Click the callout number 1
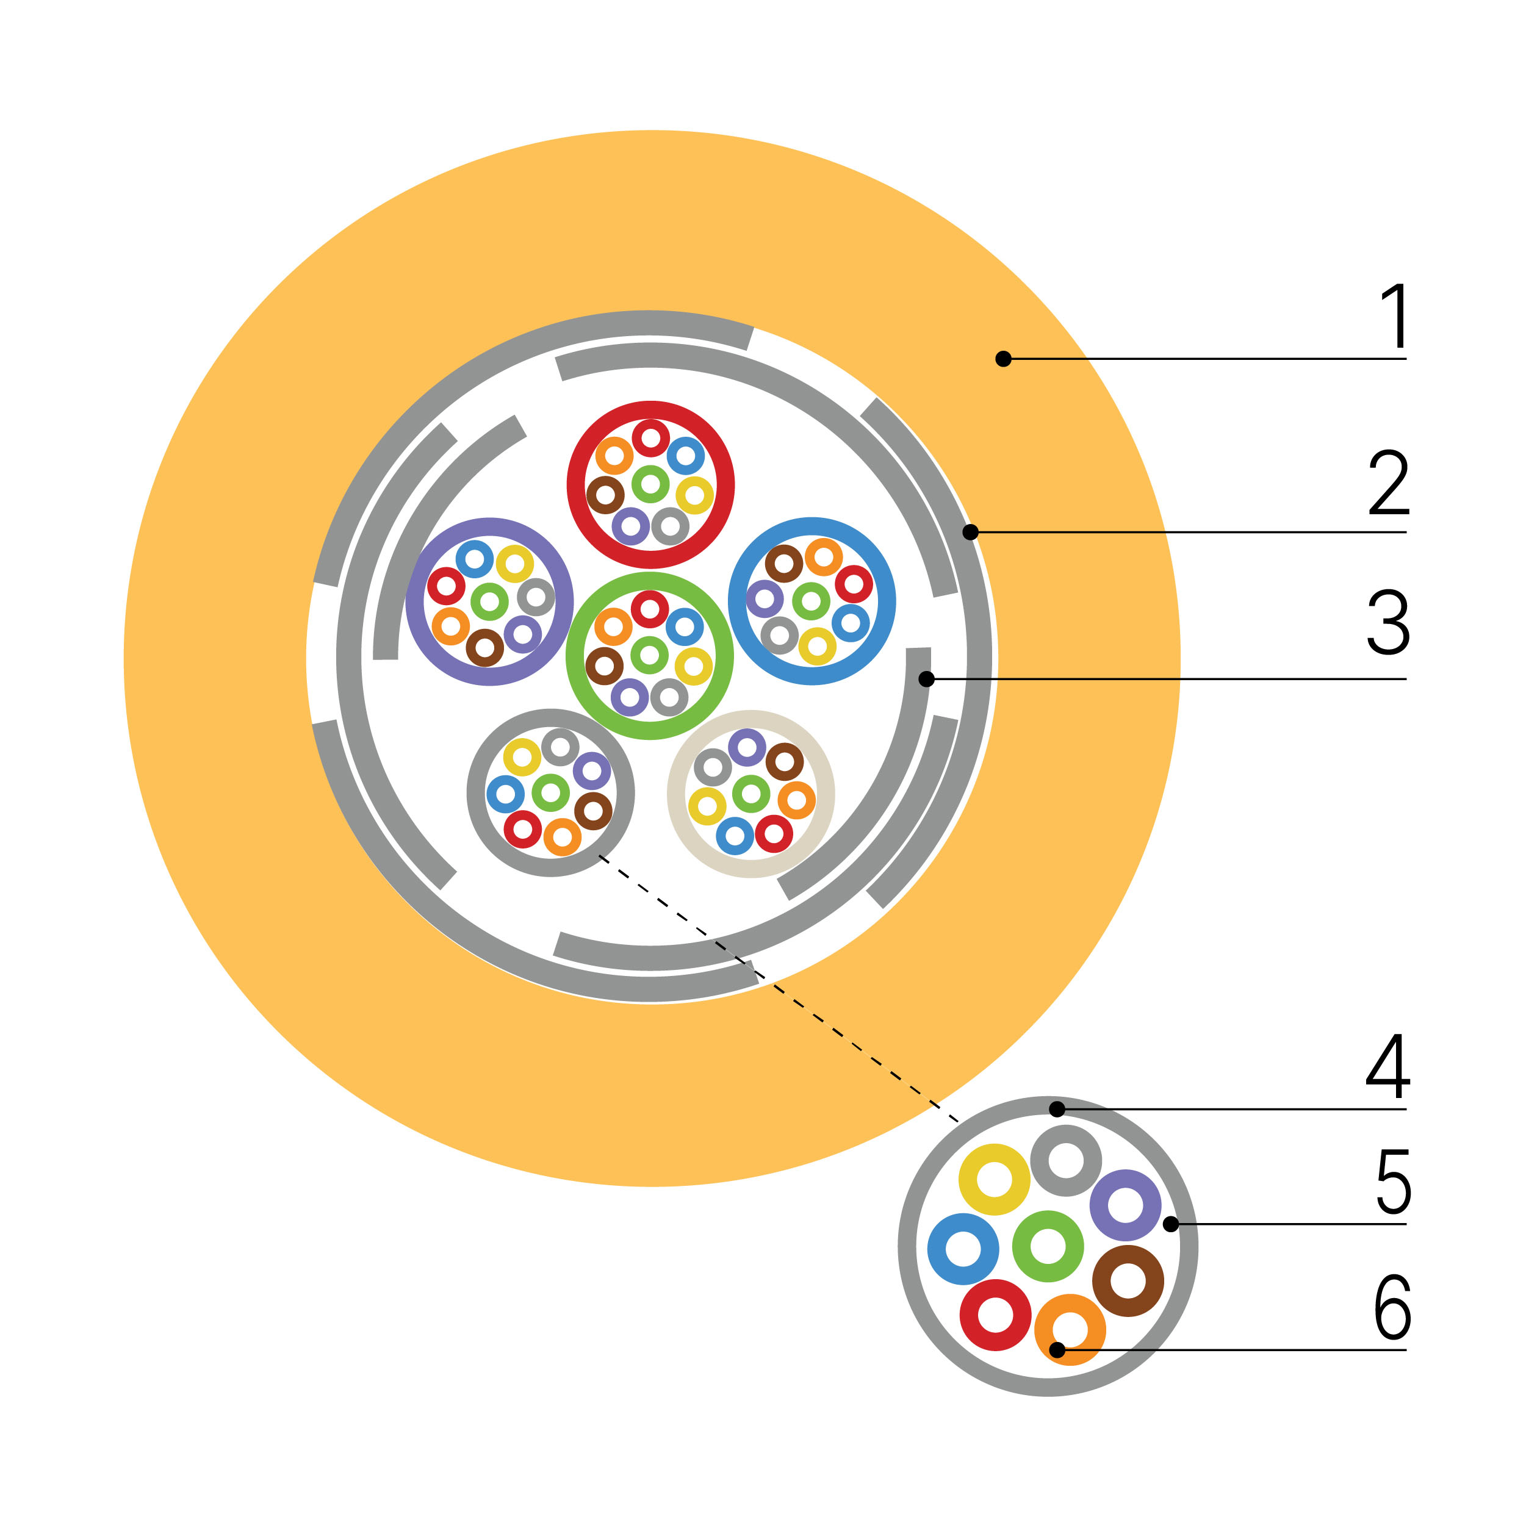pyautogui.click(x=1394, y=315)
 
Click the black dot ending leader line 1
pyautogui.click(x=1003, y=359)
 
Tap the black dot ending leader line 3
pyautogui.click(x=926, y=679)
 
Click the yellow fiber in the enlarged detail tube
pyautogui.click(x=995, y=1180)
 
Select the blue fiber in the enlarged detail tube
pyautogui.click(x=963, y=1249)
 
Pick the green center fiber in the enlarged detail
pyautogui.click(x=1048, y=1246)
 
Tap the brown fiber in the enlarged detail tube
pyautogui.click(x=1128, y=1281)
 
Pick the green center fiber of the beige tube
pyautogui.click(x=751, y=794)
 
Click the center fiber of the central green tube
pyautogui.click(x=650, y=655)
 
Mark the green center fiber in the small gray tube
pyautogui.click(x=550, y=793)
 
